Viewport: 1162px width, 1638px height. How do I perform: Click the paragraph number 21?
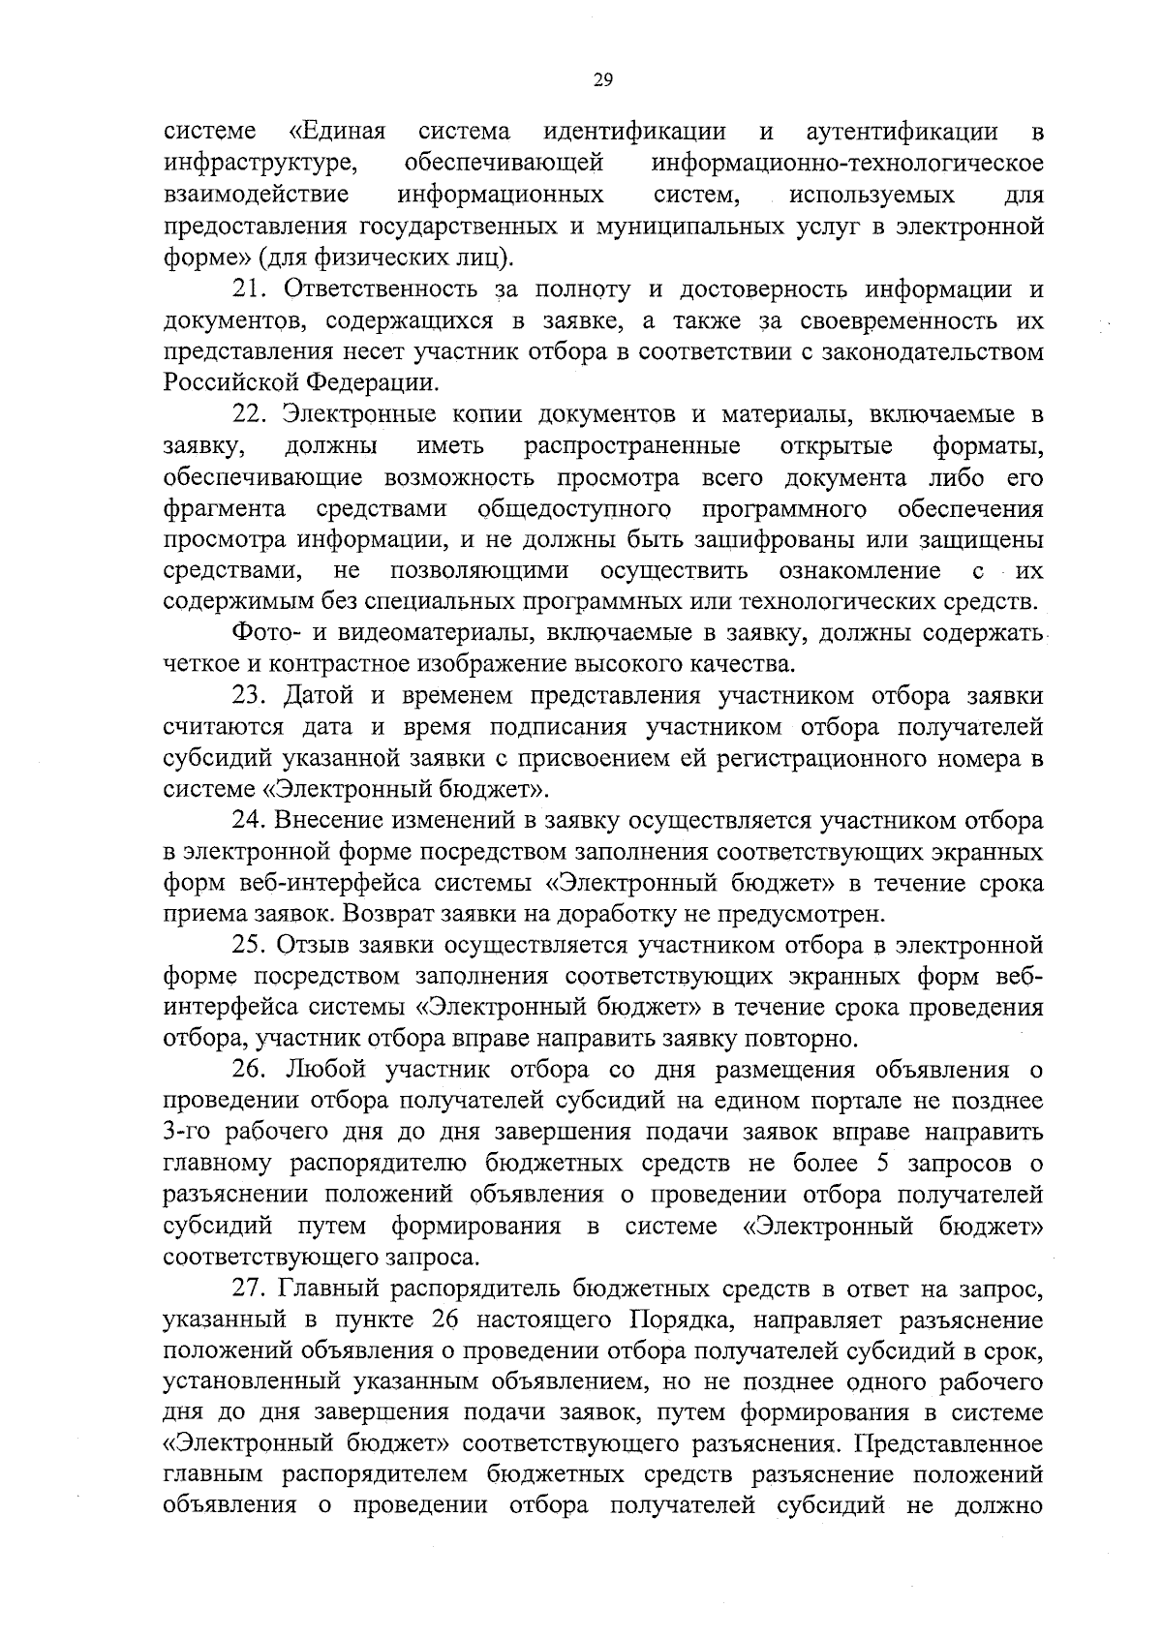coord(246,289)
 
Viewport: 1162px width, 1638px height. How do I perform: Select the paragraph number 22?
coord(246,414)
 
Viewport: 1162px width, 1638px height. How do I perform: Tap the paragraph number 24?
coord(246,821)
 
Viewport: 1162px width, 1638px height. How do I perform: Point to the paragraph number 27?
coord(246,1289)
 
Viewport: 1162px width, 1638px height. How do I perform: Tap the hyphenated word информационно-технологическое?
coord(848,164)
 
